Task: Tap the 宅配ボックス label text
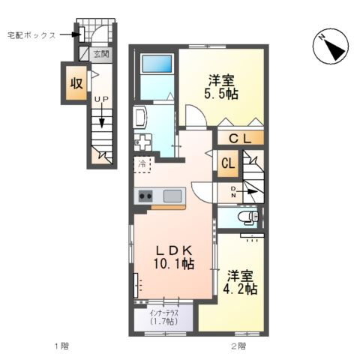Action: pyautogui.click(x=31, y=34)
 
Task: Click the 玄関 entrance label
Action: pyautogui.click(x=101, y=54)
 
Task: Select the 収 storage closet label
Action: pyautogui.click(x=76, y=83)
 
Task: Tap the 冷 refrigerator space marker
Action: pyautogui.click(x=142, y=162)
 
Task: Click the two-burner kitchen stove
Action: pyautogui.click(x=145, y=196)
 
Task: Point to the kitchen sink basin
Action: pyautogui.click(x=172, y=196)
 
